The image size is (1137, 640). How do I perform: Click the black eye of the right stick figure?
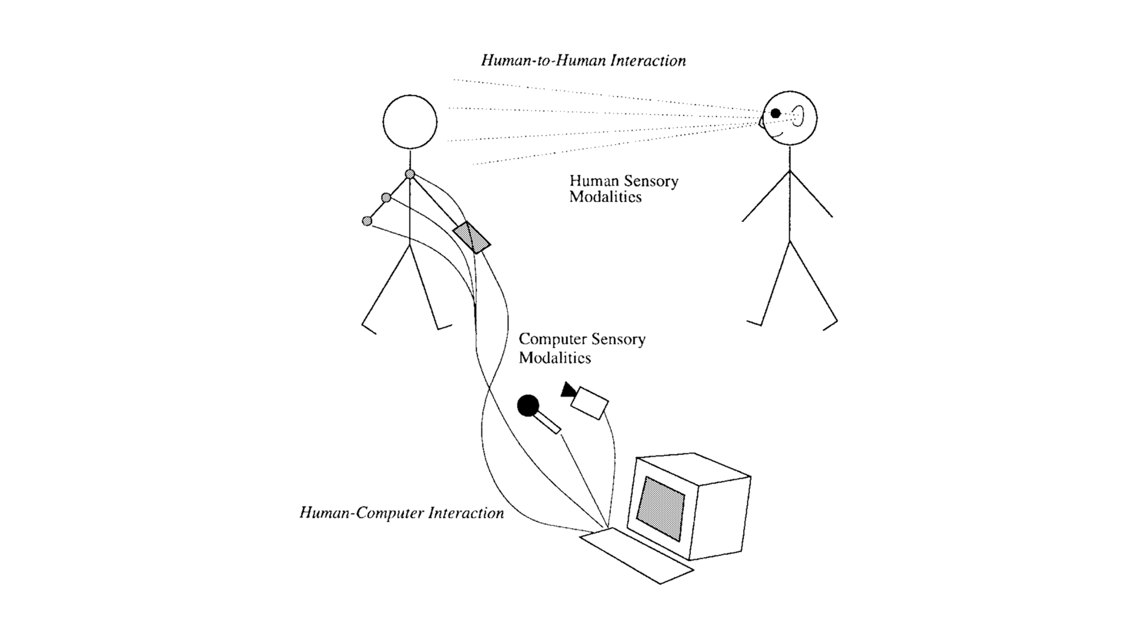coord(775,113)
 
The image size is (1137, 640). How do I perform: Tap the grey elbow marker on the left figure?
coord(386,197)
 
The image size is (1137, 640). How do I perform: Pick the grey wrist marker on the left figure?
coord(367,221)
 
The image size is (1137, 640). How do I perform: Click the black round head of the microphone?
coord(528,405)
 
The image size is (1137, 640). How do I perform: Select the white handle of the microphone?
coord(549,423)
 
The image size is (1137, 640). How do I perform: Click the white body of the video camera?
coord(590,403)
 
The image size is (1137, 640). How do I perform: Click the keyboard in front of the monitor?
coord(636,555)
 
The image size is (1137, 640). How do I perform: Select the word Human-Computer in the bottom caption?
coord(362,513)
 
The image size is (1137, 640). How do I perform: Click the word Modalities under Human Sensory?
coord(605,197)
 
